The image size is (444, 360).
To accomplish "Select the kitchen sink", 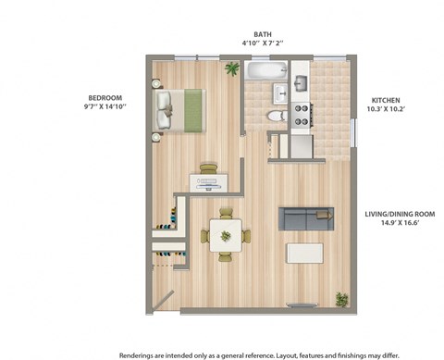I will click(x=302, y=83).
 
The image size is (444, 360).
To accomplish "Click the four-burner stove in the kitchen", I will click(x=302, y=113).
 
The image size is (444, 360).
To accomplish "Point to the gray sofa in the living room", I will click(x=306, y=218).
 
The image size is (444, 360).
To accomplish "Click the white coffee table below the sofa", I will click(x=305, y=253).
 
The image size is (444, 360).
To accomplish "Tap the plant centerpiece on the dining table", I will click(x=224, y=235).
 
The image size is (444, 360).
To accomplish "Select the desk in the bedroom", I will click(x=210, y=181).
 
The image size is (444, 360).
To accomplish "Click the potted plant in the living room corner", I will click(x=341, y=299).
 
